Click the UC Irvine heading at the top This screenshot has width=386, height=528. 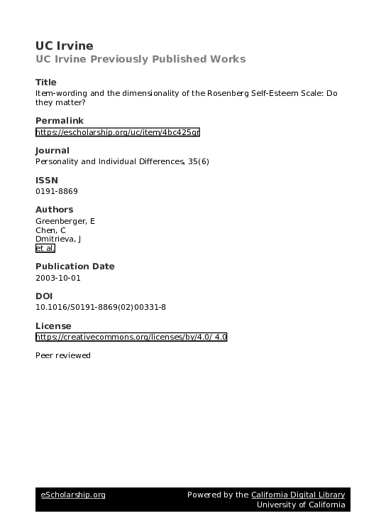pyautogui.click(x=64, y=46)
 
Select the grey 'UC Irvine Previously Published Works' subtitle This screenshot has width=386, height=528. pyautogui.click(x=140, y=59)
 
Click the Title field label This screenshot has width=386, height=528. pyautogui.click(x=45, y=82)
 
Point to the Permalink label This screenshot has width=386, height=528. pyautogui.click(x=59, y=121)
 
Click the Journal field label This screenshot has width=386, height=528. pyautogui.click(x=52, y=151)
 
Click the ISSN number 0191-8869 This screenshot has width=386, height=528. pyautogui.click(x=56, y=191)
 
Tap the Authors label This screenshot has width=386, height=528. pyautogui.click(x=54, y=210)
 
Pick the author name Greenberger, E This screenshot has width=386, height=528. pyautogui.click(x=65, y=221)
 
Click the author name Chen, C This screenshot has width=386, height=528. pyautogui.click(x=50, y=230)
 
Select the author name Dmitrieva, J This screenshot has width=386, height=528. pyautogui.click(x=58, y=239)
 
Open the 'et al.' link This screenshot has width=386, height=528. pyautogui.click(x=44, y=249)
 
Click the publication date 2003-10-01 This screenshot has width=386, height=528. pyautogui.click(x=57, y=278)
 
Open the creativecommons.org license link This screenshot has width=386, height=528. pyautogui.click(x=131, y=337)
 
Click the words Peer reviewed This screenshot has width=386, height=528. pyautogui.click(x=62, y=355)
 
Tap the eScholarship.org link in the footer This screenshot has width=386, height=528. pyautogui.click(x=73, y=495)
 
